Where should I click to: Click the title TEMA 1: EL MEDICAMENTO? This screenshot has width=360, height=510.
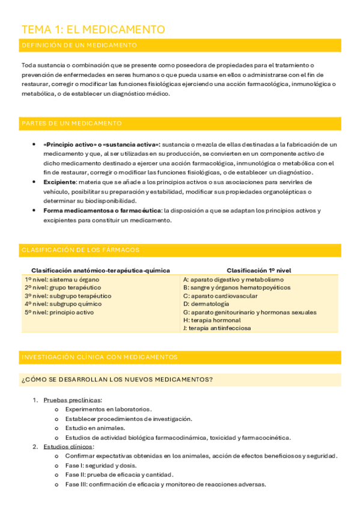[x=93, y=29]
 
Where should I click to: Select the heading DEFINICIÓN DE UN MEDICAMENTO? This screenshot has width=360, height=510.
[x=79, y=45]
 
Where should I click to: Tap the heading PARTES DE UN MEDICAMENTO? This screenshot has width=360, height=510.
[x=72, y=123]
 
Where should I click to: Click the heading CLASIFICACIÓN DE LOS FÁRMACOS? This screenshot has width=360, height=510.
[x=80, y=250]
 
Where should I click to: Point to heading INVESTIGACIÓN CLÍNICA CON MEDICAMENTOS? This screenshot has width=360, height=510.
[x=99, y=357]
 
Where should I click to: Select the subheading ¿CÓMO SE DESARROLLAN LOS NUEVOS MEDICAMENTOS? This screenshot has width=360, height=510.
[x=117, y=379]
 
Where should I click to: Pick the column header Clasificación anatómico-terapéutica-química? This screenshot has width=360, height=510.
[x=100, y=270]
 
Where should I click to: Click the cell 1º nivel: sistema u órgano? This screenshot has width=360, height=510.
[x=62, y=280]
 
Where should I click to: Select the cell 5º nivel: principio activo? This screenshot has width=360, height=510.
[x=59, y=312]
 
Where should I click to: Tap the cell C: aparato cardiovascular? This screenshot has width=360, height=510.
[x=221, y=296]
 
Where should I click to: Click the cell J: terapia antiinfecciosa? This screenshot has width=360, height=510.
[x=217, y=328]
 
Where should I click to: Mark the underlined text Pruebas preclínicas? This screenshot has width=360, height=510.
[x=72, y=400]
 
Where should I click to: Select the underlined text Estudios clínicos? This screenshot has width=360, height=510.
[x=68, y=447]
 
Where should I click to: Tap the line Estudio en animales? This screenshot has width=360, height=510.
[x=95, y=428]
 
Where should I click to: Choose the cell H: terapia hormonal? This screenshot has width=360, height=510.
[x=212, y=321]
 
